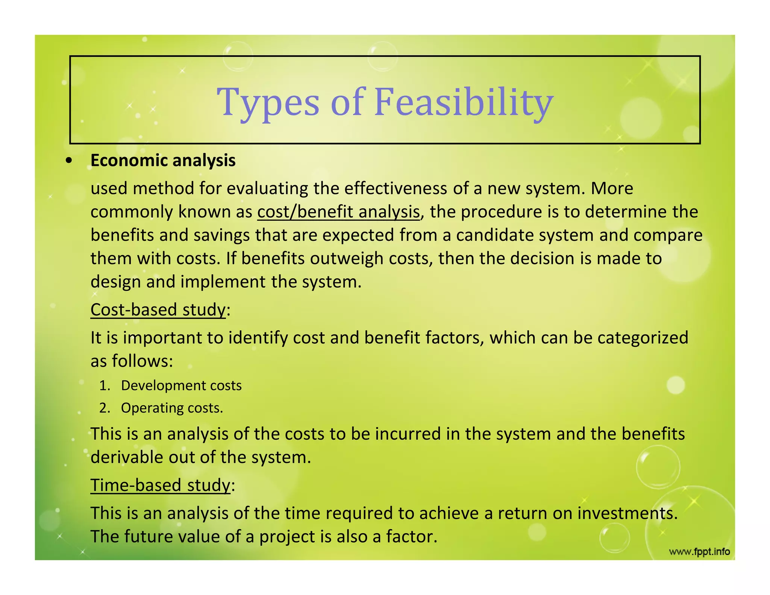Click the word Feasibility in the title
[463, 102]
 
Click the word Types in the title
[268, 102]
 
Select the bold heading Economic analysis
[163, 161]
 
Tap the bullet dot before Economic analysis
[68, 161]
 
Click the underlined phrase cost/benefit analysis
[338, 212]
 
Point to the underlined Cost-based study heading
[158, 310]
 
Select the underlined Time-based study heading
[160, 485]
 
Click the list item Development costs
[181, 386]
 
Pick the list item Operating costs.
[172, 408]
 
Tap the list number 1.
[104, 386]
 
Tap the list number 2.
[104, 408]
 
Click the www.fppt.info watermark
[699, 552]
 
